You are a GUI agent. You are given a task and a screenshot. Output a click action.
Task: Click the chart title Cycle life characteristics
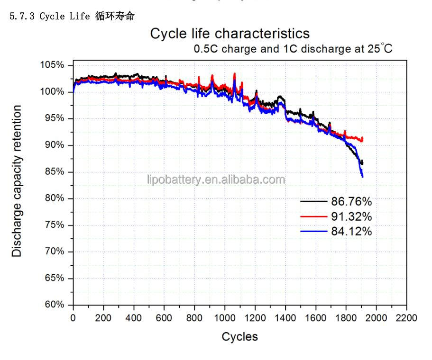[x=230, y=34]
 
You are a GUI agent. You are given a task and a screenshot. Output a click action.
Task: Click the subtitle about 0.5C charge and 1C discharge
[x=293, y=49]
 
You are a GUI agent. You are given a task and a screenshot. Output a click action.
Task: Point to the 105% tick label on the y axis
[x=52, y=65]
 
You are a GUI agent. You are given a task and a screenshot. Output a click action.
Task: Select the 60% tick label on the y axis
[x=54, y=305]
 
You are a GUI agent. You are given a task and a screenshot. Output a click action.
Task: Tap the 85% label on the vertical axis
[x=54, y=172]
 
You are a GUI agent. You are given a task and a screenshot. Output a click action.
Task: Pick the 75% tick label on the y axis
[x=54, y=225]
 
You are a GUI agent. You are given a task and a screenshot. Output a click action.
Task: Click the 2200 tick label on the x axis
[x=407, y=317]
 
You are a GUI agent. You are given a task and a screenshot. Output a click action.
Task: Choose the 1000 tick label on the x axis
[x=225, y=317]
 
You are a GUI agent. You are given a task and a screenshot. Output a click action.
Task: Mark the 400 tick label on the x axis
[x=134, y=317]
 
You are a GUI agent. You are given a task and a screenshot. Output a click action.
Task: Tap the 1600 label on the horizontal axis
[x=316, y=317]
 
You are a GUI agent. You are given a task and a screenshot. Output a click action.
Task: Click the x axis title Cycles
[x=240, y=337]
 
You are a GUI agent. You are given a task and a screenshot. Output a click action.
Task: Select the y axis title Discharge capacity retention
[x=18, y=181]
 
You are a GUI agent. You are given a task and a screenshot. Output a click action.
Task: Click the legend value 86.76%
[x=351, y=202]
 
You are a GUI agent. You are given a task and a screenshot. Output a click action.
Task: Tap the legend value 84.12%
[x=351, y=232]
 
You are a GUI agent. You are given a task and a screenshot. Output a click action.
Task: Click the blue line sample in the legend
[x=314, y=232]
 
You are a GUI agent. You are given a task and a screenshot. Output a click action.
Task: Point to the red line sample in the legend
[x=314, y=216]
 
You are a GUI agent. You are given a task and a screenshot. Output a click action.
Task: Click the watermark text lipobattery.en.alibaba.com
[x=216, y=180]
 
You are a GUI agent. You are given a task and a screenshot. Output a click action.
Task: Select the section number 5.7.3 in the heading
[x=22, y=16]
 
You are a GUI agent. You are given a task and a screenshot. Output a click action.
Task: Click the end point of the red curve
[x=363, y=138]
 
